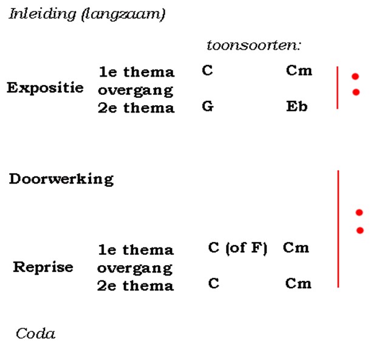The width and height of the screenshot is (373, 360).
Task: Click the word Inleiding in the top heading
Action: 43,14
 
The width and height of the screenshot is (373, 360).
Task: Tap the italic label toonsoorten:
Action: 254,45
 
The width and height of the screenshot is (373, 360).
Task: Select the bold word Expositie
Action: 45,88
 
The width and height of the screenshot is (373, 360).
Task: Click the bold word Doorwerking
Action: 61,179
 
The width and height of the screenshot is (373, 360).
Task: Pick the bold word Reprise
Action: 43,267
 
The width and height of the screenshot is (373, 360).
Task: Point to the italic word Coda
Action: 36,333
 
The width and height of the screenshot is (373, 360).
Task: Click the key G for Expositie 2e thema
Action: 208,106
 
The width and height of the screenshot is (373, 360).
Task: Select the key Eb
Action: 297,106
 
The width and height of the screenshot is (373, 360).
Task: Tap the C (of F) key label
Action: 238,248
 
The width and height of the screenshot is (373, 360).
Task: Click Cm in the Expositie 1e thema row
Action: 299,71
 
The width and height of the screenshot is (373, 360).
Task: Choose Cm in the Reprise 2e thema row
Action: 298,283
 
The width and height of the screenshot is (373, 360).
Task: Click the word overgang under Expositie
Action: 135,91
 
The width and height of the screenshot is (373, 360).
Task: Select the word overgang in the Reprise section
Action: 135,269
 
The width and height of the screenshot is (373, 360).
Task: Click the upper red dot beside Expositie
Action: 355,77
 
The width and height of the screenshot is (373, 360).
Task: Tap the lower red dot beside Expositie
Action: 356,92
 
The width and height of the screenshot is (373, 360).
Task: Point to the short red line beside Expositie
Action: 337,88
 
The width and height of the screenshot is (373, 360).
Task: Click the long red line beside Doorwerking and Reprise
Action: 338,229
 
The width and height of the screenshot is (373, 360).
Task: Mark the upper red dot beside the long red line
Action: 359,212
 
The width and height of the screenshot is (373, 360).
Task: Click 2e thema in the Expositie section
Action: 136,108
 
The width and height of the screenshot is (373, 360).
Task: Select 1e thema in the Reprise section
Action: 136,250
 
